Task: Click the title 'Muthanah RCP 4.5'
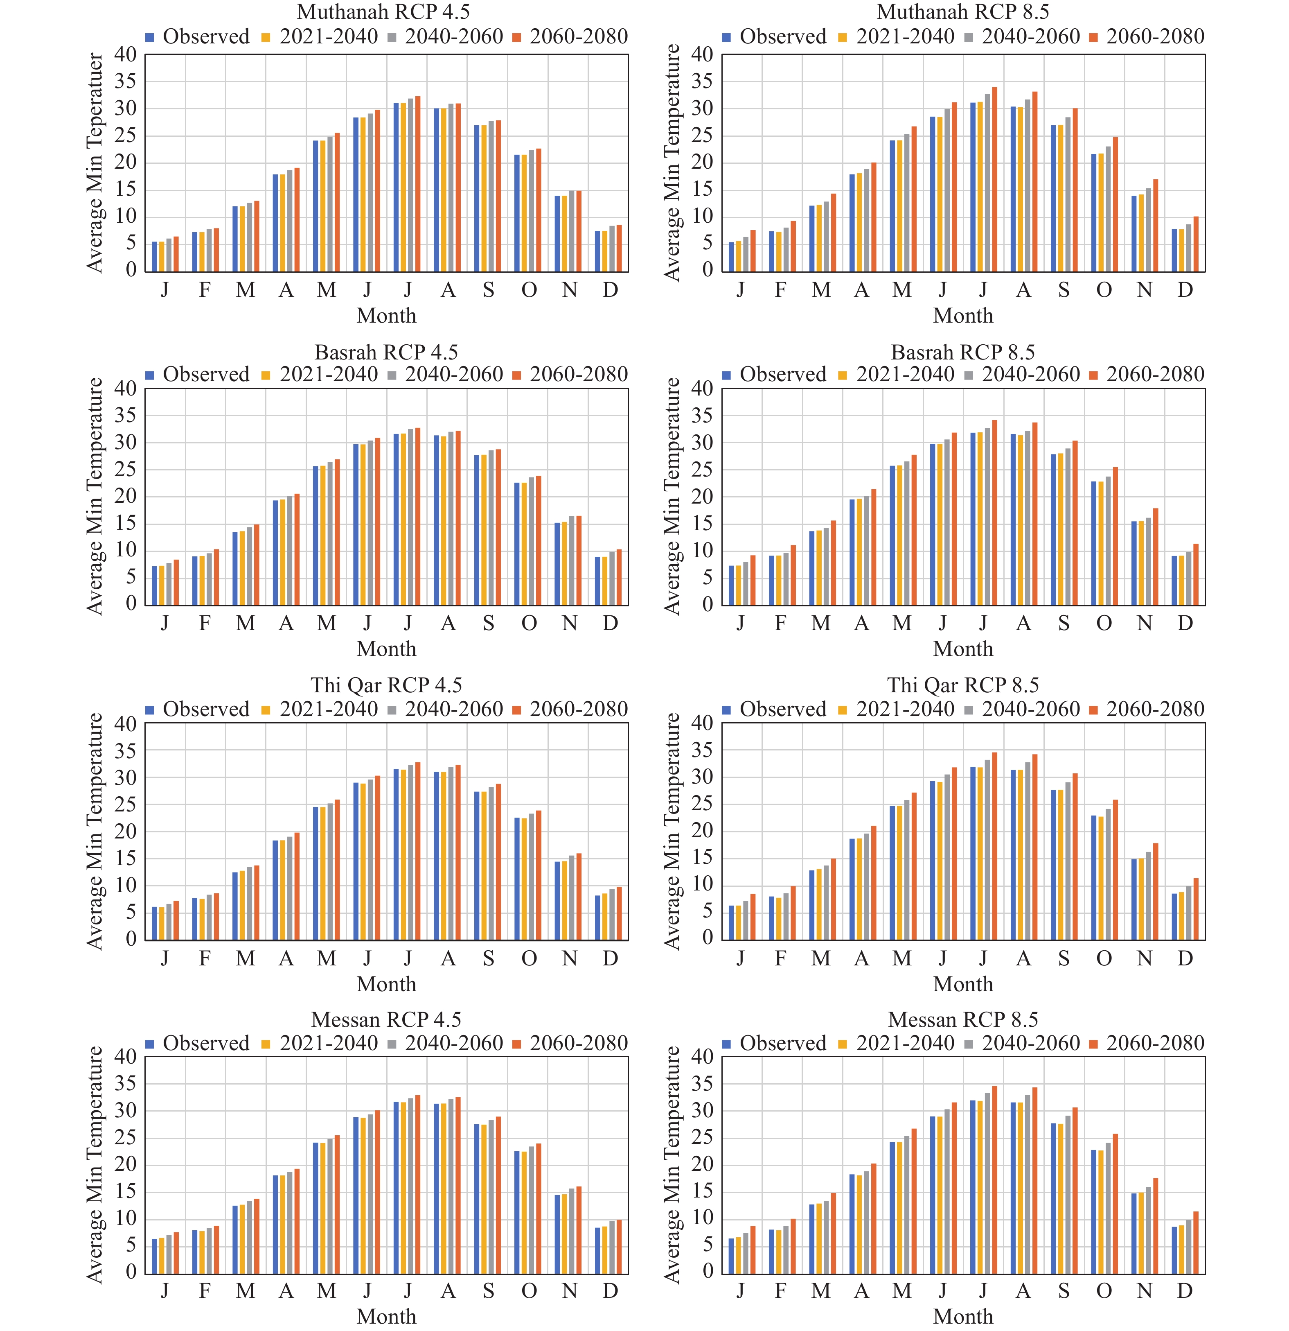(x=383, y=12)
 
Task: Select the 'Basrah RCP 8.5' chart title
(x=962, y=353)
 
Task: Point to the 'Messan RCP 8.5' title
(x=962, y=1019)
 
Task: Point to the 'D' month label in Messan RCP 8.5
(x=1185, y=1291)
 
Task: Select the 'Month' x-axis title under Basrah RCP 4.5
(x=386, y=649)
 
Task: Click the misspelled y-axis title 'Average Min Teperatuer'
(x=95, y=163)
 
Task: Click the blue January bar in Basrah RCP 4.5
(x=155, y=585)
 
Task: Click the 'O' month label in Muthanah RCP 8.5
(x=1104, y=290)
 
